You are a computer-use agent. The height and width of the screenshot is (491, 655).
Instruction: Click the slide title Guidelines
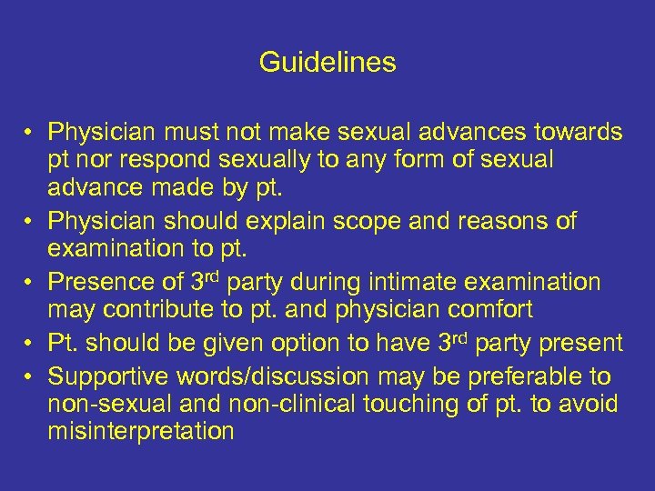click(327, 63)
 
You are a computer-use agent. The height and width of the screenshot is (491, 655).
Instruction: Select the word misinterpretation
click(140, 430)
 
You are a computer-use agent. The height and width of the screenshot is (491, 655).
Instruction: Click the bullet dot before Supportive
click(29, 376)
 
